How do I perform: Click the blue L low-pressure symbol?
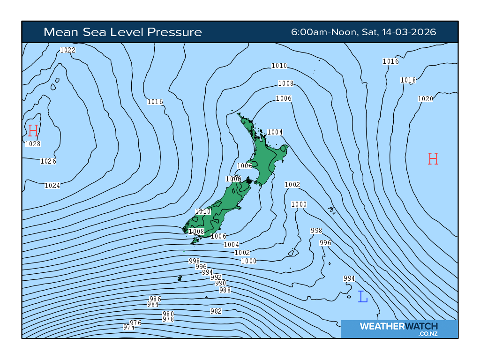pos(362,297)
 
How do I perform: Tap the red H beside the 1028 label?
pos(33,131)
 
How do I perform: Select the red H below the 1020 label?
pos(433,159)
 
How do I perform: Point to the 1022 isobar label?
pos(68,50)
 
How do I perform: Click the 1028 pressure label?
pos(33,144)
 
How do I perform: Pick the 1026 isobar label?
pos(48,161)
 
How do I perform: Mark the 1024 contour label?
pos(52,186)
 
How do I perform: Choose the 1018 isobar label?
pos(408,80)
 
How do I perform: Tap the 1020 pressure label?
pos(425,98)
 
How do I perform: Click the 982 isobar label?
pos(216,311)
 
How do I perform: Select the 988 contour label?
pos(225,290)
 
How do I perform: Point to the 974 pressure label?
pos(129,327)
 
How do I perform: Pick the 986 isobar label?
pos(155,299)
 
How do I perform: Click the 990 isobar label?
pos(221,283)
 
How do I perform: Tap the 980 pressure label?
pos(168,314)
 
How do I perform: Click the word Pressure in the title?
pos(174,32)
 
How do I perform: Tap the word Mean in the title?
pos(59,32)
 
